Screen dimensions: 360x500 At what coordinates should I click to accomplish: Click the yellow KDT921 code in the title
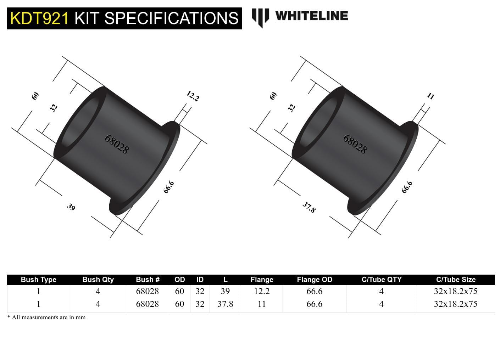coord(39,18)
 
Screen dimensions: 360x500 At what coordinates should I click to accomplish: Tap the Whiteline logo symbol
coord(260,17)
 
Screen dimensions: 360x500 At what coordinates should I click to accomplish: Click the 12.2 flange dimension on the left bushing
coord(193,96)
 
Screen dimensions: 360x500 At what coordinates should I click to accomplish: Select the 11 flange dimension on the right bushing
coord(430,96)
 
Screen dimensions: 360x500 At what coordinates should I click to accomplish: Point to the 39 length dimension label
coord(71,207)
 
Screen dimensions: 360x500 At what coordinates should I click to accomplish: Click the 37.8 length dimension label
coord(309,207)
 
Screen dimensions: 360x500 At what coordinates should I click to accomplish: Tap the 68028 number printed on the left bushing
coord(117,144)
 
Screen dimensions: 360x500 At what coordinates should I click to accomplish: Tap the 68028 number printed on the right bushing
coord(355,144)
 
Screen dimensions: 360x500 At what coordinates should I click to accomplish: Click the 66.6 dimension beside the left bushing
coord(169,187)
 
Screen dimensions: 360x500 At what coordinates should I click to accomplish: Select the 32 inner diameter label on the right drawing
coord(291,108)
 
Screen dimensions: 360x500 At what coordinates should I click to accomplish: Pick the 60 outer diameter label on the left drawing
coord(35,96)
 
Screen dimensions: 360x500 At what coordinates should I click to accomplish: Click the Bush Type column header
coord(38,280)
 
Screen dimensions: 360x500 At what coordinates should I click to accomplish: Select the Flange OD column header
coord(314,280)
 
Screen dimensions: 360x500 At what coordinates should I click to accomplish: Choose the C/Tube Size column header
coord(455,280)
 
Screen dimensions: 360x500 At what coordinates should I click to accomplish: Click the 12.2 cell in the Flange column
coord(262,291)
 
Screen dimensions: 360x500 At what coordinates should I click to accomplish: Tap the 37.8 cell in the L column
coord(225,304)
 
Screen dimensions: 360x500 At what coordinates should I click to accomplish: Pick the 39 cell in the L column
coord(225,291)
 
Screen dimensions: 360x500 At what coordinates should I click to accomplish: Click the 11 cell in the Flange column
coord(262,304)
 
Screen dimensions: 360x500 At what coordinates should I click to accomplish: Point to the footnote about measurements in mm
coord(46,317)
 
